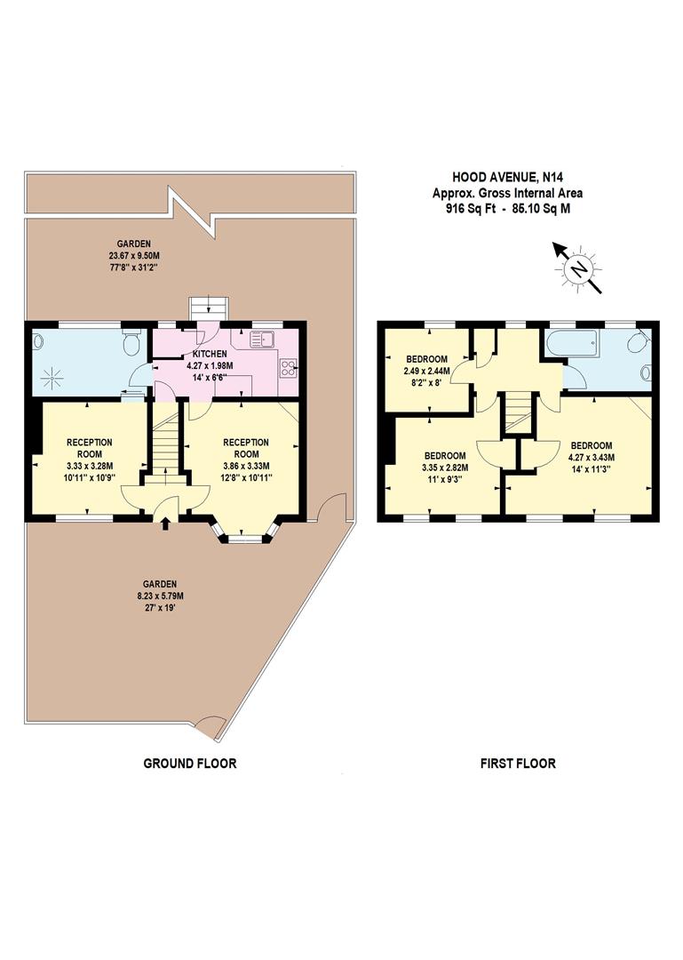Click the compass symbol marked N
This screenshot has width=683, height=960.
(579, 267)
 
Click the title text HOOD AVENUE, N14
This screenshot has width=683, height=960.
(507, 178)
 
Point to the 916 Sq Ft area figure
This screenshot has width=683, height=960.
(466, 210)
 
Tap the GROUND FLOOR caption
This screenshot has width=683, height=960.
(190, 763)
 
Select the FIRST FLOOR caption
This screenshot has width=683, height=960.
(518, 763)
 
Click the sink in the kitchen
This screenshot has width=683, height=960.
(265, 338)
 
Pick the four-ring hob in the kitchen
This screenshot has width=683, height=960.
(289, 367)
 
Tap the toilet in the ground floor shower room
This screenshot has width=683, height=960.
(132, 342)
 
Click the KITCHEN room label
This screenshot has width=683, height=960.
(210, 354)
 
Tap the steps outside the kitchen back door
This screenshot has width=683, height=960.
(209, 308)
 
